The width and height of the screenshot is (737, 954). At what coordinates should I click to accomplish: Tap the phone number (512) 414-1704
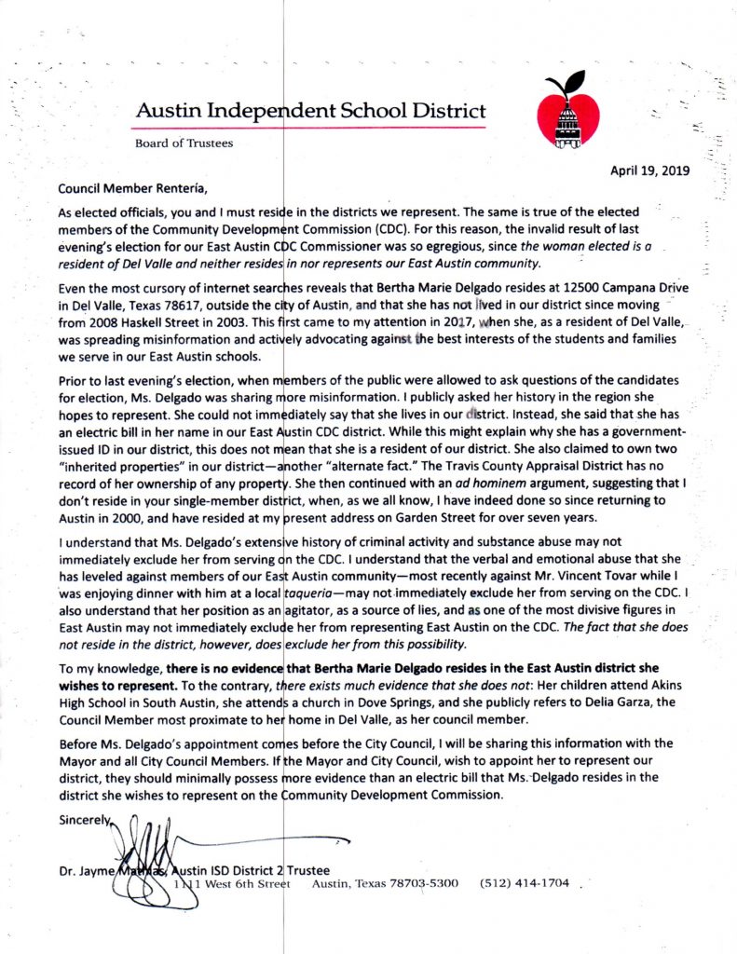coord(524,883)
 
